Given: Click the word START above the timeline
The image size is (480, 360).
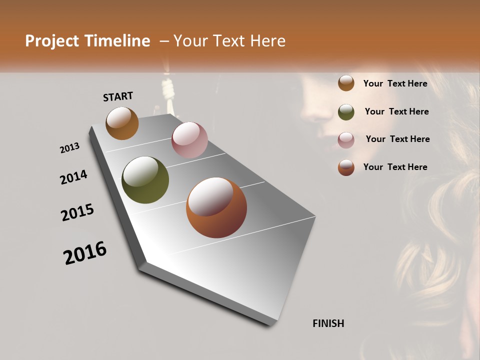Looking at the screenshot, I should (118, 96).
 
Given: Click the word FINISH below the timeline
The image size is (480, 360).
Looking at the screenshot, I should (328, 323).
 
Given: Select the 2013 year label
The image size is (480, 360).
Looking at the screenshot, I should (70, 148).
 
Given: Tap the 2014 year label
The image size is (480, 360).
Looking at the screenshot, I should (73, 177).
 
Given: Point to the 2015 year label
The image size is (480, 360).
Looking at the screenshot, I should (77, 212).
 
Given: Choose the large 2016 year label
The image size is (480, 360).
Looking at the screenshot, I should (85, 253).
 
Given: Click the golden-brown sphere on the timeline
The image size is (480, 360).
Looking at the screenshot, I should (122, 123).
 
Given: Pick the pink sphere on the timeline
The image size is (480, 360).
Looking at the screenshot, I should (189, 140).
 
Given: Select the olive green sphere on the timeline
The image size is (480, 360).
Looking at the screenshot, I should (145, 180).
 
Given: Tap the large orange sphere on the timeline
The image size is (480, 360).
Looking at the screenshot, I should (216, 207).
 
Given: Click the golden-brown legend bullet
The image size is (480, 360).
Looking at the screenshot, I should (346, 83).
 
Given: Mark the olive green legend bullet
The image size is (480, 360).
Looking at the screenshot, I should (346, 111).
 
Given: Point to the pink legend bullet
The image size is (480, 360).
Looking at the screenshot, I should (346, 139).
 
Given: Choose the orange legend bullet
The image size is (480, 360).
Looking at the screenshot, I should (346, 167).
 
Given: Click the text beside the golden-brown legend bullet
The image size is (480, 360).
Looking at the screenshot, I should (395, 83).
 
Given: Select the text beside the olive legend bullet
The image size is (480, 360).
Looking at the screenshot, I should (396, 111).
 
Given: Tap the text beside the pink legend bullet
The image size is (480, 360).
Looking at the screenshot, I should (397, 139).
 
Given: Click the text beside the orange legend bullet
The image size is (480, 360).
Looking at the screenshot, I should (395, 167).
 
